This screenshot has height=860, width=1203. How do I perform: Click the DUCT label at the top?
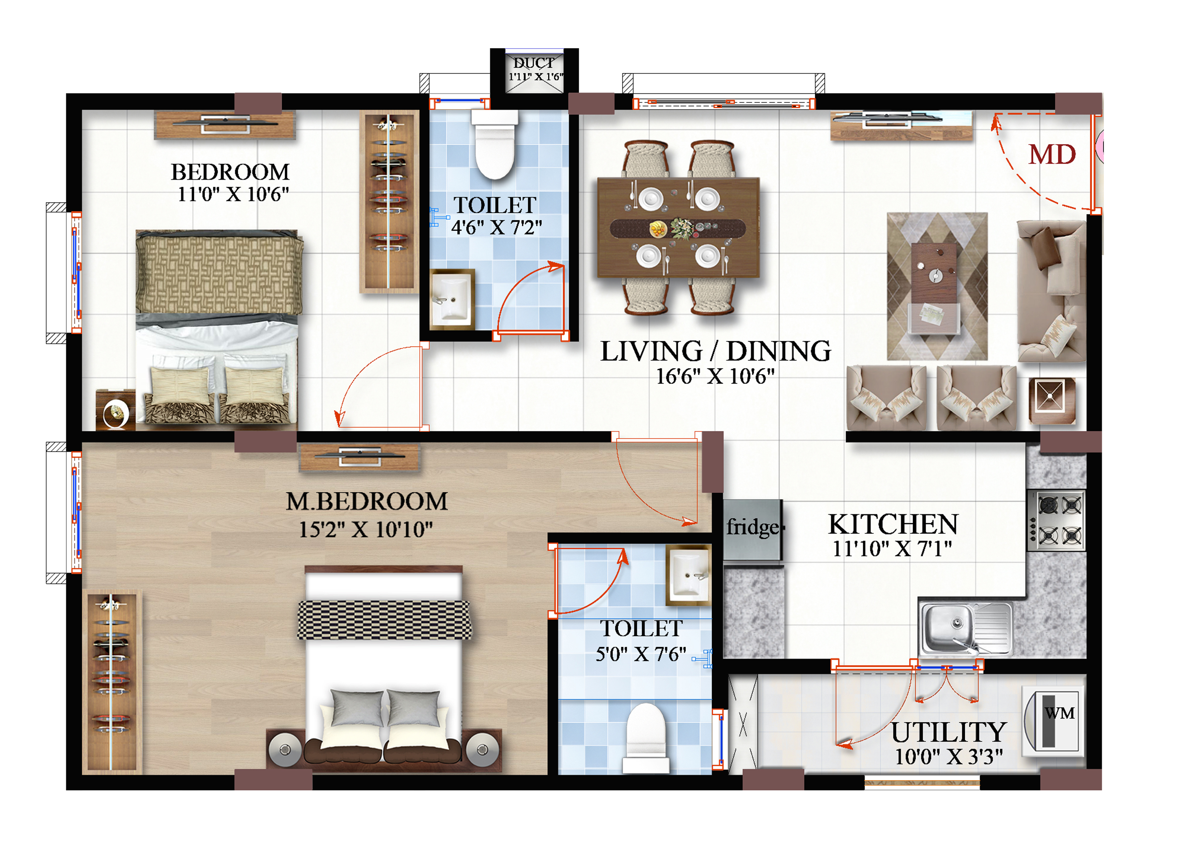pos(534,63)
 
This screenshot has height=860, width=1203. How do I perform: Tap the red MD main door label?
pos(1052,155)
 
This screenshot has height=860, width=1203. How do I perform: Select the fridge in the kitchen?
pos(753,529)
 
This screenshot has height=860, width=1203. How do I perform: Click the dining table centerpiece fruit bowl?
pos(658,229)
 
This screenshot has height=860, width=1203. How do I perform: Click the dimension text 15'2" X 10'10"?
pos(366,529)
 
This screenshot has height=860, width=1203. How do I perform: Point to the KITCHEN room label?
pos(893,524)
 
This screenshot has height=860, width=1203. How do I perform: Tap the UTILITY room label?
pos(949,732)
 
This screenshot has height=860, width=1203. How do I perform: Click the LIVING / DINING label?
pos(715,351)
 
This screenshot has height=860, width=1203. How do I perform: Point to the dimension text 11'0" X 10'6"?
pos(233,194)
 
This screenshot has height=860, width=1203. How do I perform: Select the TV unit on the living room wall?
pos(902,126)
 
